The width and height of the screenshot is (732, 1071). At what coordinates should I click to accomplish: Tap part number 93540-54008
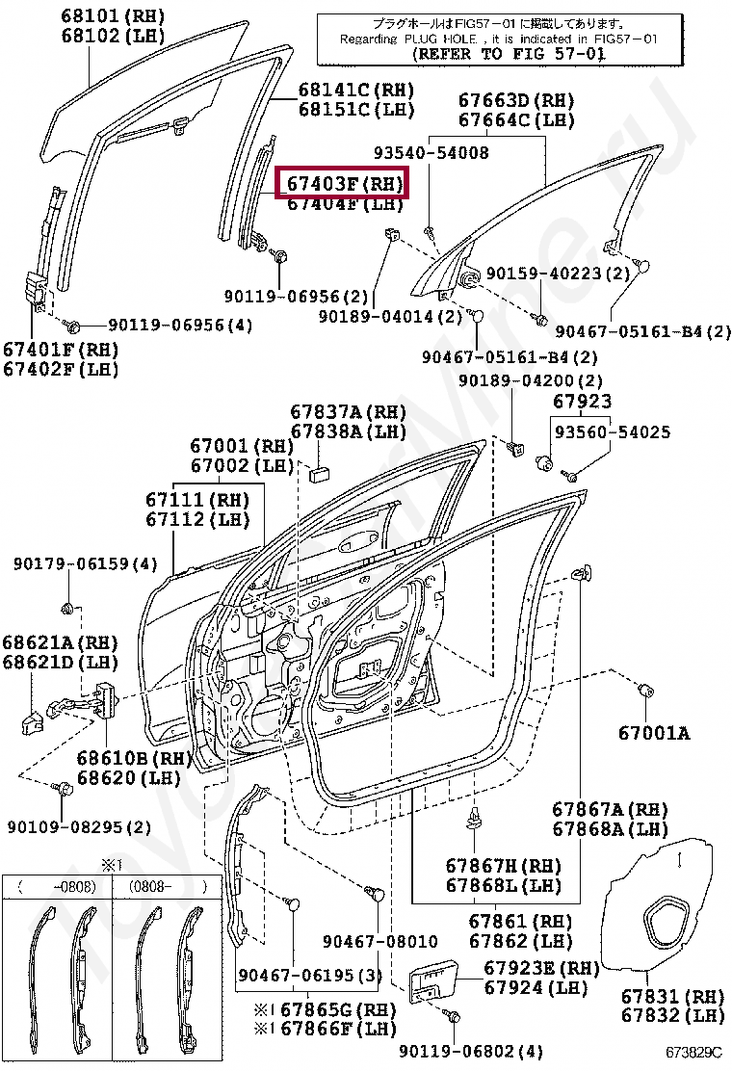(431, 153)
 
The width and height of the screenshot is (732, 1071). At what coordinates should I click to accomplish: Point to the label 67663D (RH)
(515, 100)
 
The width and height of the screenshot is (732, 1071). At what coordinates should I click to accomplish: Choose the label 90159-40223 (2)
(557, 274)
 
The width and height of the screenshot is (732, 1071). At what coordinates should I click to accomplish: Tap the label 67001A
(654, 734)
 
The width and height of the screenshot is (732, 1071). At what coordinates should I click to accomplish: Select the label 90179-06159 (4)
(86, 563)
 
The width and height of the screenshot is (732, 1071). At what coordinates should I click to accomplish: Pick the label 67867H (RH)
(503, 866)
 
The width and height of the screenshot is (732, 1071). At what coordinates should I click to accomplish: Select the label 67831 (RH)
(672, 996)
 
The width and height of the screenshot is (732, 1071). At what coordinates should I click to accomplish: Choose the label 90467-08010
(379, 941)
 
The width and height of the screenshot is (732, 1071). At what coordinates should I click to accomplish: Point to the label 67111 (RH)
(197, 500)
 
